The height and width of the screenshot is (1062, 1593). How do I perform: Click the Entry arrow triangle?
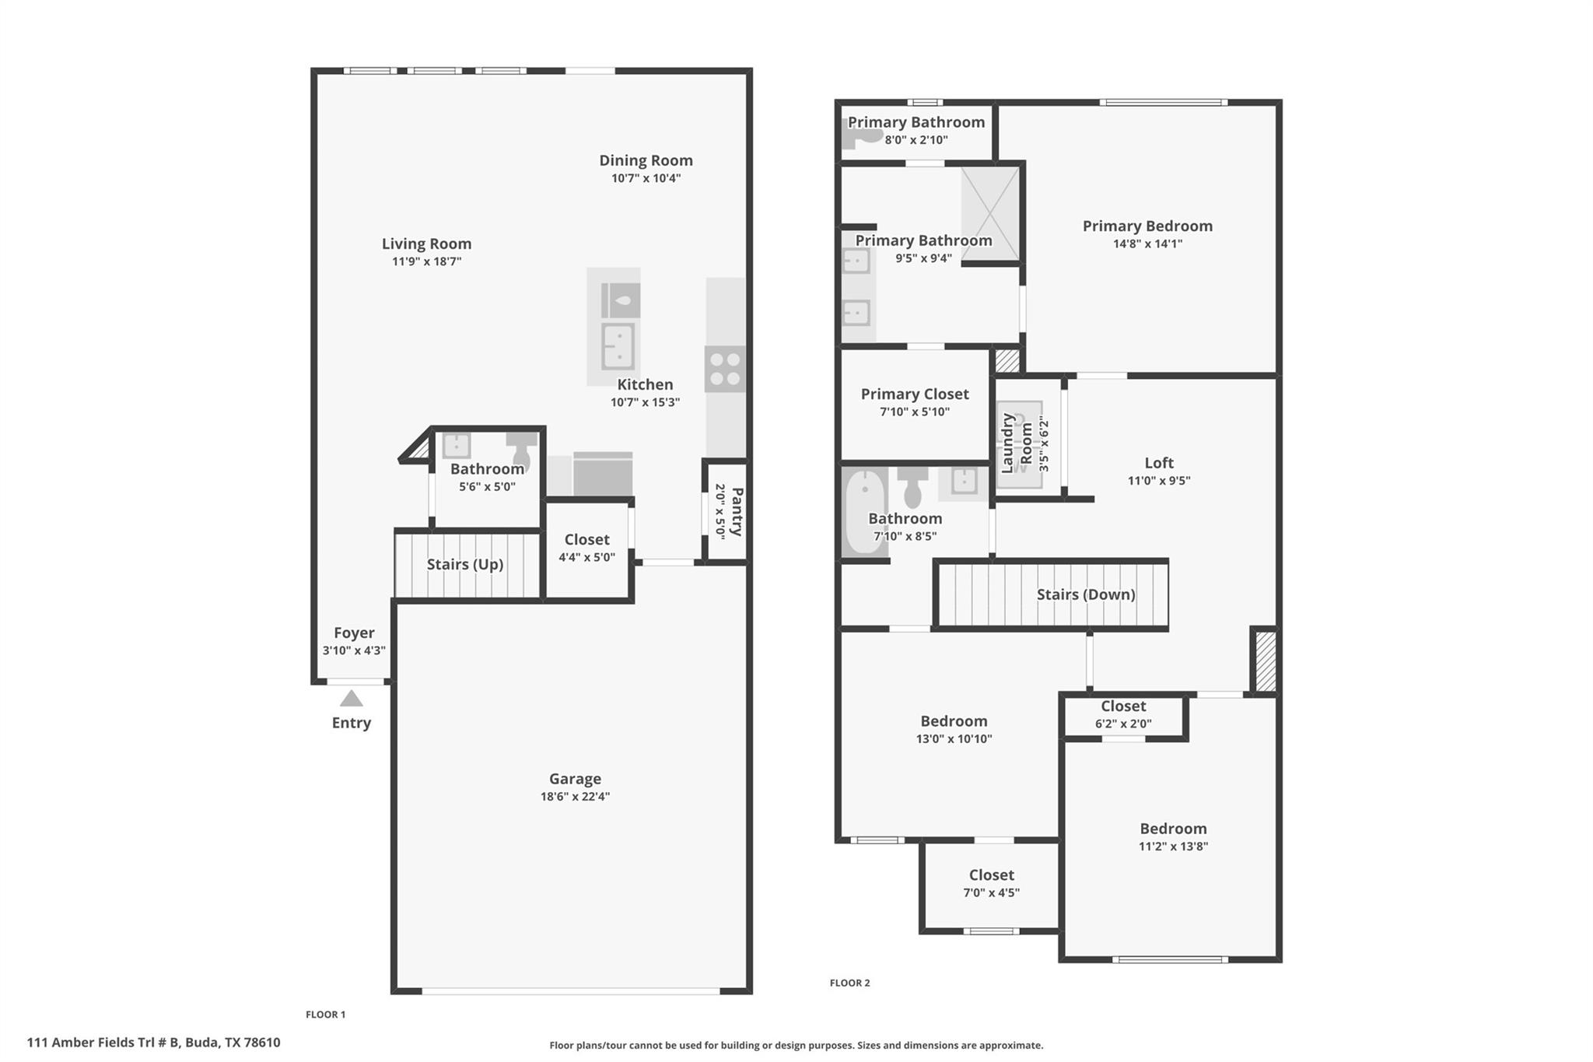(352, 698)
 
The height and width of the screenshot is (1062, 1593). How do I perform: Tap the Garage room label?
(575, 779)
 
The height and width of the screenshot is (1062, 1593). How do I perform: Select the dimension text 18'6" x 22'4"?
(575, 797)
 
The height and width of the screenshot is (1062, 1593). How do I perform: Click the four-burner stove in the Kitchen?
(724, 369)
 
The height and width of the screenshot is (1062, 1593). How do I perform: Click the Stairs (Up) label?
(464, 564)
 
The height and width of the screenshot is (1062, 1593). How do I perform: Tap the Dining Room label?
(646, 160)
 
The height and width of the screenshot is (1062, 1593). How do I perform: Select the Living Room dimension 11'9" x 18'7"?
(426, 261)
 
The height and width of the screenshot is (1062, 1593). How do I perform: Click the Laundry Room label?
(1017, 443)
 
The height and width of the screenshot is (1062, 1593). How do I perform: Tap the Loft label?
(1158, 463)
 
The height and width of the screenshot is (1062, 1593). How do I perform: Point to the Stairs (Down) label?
(1085, 594)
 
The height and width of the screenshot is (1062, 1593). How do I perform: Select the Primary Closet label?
(915, 394)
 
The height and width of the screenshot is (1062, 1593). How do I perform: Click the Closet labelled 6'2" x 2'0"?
(1123, 706)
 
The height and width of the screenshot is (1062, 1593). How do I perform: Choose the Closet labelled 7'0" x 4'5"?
(991, 875)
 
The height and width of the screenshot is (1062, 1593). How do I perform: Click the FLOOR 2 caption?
(849, 983)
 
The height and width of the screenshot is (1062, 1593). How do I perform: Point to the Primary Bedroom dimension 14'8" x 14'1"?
(1147, 244)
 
